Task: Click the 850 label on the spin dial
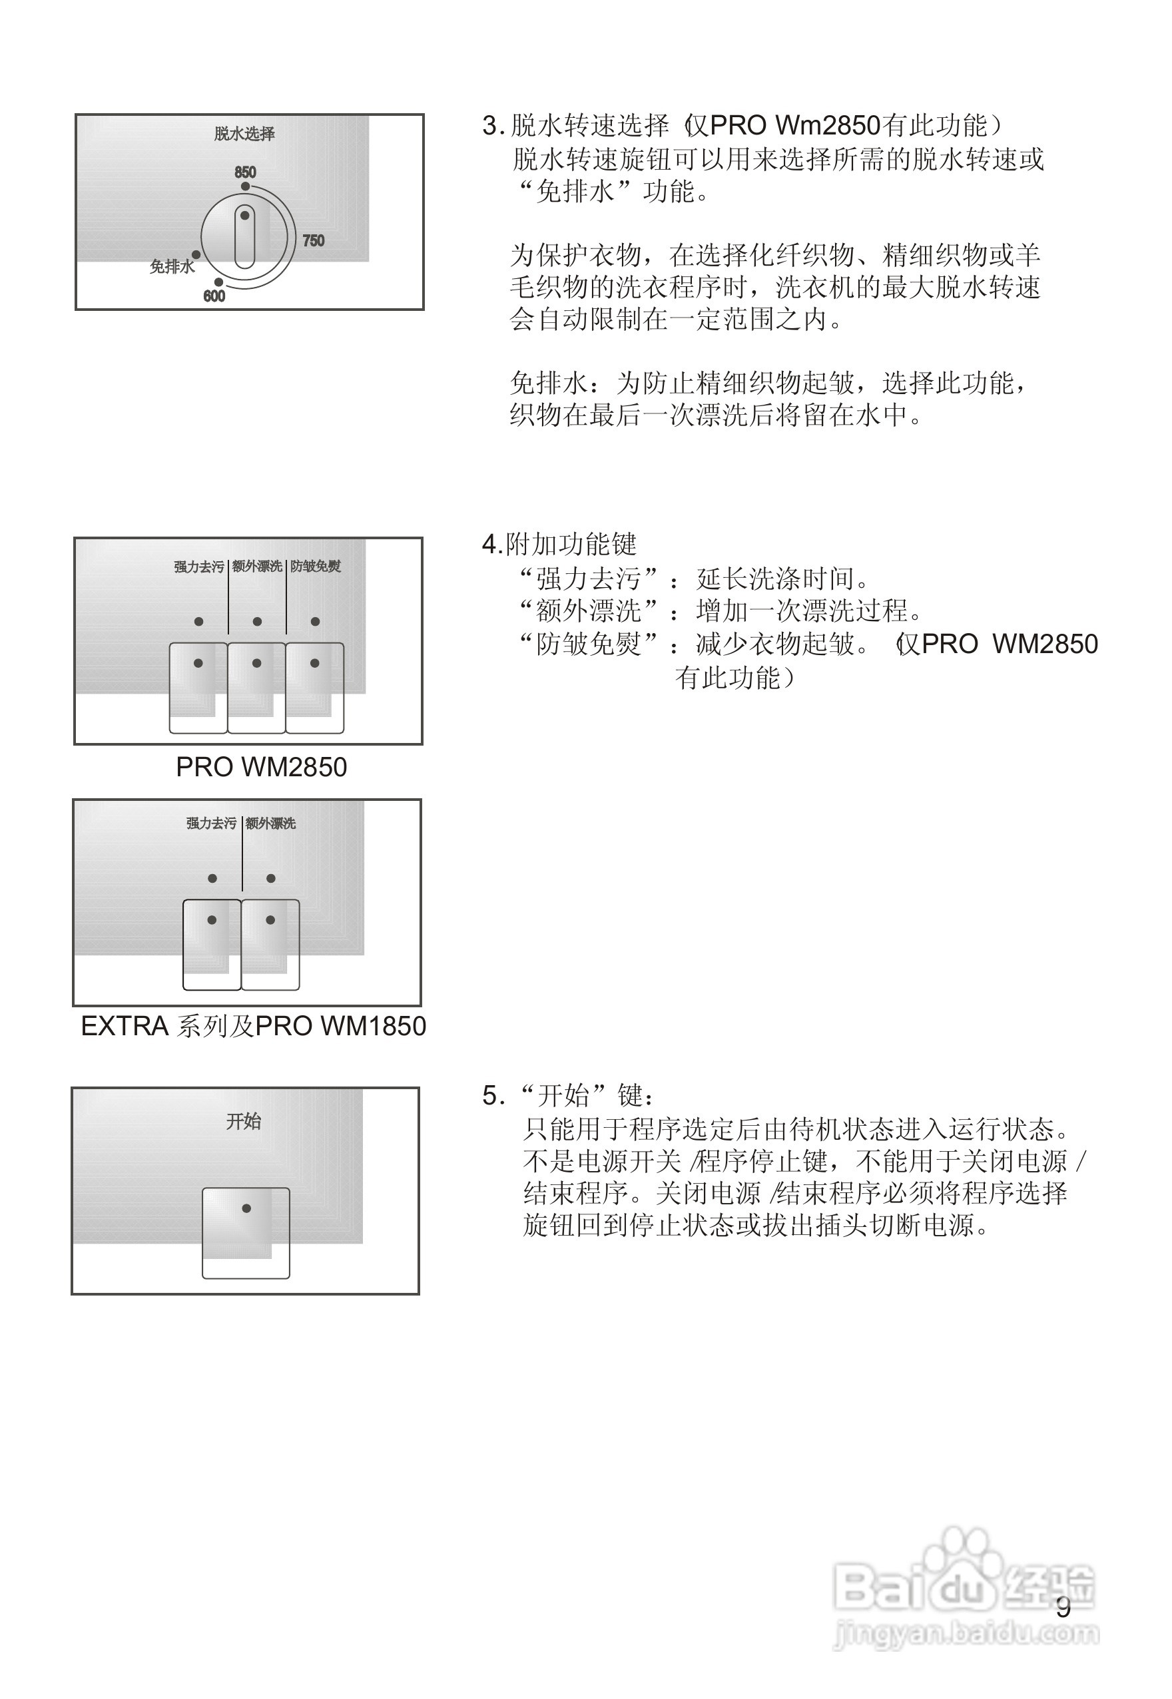245,172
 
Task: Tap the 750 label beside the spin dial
313,241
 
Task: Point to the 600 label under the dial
214,296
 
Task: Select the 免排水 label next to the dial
172,266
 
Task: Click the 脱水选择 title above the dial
244,134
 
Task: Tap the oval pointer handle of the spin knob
244,237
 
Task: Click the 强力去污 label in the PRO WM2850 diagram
199,566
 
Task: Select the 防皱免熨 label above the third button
316,566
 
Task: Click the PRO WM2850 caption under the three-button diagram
262,767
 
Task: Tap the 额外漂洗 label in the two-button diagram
271,823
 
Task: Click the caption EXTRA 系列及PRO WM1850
253,1027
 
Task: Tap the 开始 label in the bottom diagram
244,1121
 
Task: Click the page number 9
1063,1608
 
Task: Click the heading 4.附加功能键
559,545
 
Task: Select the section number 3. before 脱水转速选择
493,126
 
